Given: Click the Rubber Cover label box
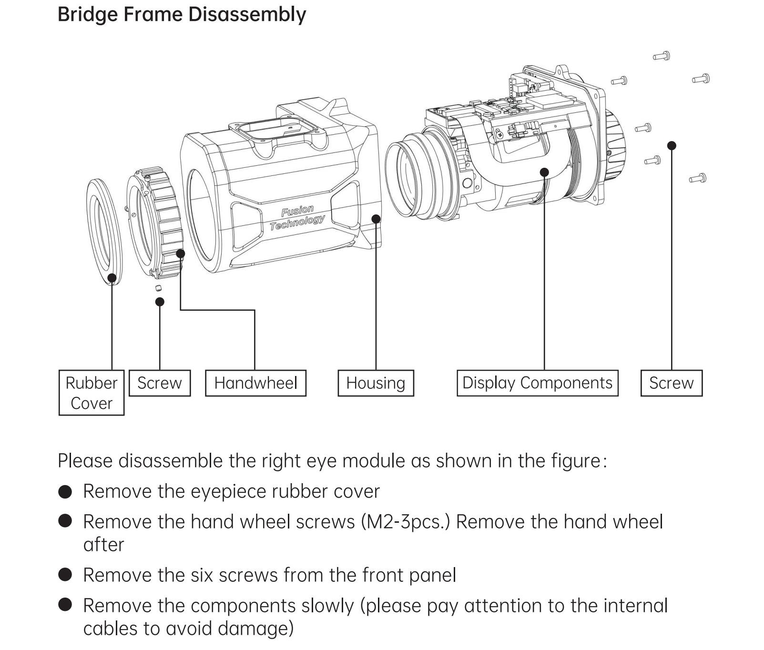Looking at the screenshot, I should click(91, 393).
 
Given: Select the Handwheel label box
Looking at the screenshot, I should click(255, 383).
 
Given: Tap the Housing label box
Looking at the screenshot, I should click(376, 383).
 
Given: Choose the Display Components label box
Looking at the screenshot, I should click(537, 383).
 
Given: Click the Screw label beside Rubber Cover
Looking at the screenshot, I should click(160, 383).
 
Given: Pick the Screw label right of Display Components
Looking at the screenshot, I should click(671, 383).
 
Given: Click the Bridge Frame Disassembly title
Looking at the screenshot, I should click(182, 14).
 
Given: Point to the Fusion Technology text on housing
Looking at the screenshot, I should click(297, 217).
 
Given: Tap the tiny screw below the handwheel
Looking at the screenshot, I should click(159, 288).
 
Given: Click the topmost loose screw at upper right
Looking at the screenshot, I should click(662, 56).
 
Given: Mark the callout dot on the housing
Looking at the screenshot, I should click(376, 219).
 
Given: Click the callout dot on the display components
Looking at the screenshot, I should click(544, 172).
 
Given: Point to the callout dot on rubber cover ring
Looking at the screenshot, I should click(112, 278).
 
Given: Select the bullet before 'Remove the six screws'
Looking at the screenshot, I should click(65, 575).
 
